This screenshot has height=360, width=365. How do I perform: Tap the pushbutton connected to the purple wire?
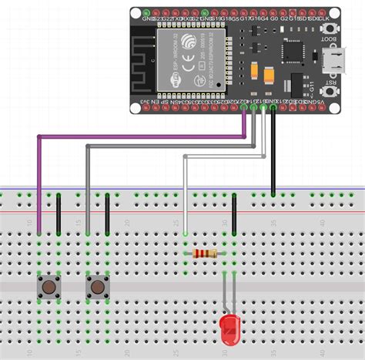coord(49,288)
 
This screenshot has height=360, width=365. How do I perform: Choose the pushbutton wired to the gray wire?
coord(97,288)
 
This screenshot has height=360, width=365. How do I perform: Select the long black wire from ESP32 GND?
coord(273,154)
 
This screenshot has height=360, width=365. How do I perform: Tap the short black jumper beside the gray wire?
coord(107,213)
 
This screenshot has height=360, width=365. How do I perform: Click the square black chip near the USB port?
coord(292,49)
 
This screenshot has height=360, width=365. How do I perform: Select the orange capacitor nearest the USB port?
coord(270,76)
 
